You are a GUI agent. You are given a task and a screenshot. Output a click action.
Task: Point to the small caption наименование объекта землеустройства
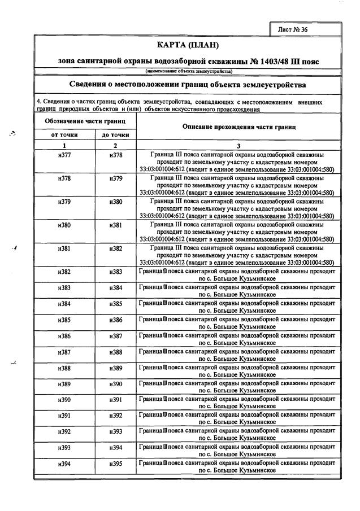pyautogui.click(x=188, y=72)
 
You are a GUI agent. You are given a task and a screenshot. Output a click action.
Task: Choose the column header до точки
pyautogui.click(x=115, y=135)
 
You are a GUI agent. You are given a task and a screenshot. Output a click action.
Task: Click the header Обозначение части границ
pyautogui.click(x=85, y=121)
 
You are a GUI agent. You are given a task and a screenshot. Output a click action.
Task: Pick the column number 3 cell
pyautogui.click(x=239, y=145)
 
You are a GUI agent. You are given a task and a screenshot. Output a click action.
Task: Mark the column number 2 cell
pyautogui.click(x=115, y=145)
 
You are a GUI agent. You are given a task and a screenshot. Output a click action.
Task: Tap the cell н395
pyautogui.click(x=115, y=464)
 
